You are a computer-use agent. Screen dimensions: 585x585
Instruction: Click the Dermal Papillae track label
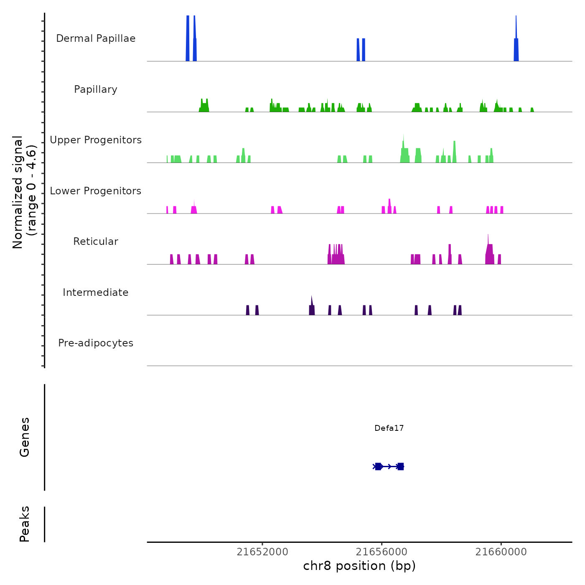point(96,38)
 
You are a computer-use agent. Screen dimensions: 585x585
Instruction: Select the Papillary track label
point(96,89)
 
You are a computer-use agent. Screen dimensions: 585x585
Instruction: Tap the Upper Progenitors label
point(96,140)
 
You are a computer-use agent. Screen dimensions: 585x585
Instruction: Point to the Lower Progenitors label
point(96,191)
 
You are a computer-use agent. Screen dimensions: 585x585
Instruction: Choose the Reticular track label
point(96,242)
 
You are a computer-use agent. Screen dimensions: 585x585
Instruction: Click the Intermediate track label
point(96,292)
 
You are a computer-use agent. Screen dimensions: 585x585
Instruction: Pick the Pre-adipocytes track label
point(96,343)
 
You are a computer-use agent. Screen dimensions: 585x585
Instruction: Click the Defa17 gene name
point(389,428)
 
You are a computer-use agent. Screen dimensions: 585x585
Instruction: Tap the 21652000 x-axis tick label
point(262,552)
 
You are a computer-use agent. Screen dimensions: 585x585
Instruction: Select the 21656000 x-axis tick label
point(382,552)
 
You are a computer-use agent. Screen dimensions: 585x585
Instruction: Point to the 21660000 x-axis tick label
point(501,552)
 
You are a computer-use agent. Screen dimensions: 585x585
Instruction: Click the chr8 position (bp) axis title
point(359,566)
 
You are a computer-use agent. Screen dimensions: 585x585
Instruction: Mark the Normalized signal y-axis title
point(24,192)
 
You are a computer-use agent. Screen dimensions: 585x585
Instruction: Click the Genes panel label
point(25,437)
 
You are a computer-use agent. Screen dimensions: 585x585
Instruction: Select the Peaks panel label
point(25,524)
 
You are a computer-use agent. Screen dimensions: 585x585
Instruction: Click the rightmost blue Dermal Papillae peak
point(516,46)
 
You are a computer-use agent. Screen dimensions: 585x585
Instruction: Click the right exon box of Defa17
point(400,466)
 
